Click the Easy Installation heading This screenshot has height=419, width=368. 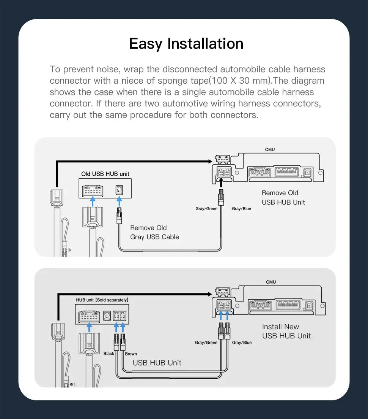tap(186, 44)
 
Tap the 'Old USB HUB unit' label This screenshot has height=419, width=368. tap(105, 174)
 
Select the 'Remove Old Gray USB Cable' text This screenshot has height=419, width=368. tap(154, 232)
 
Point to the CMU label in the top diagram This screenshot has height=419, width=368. tap(270, 149)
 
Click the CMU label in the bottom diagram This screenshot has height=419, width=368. tap(271, 282)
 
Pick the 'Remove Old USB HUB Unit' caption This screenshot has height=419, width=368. tap(283, 197)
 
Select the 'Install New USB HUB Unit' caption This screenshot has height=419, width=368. tap(286, 331)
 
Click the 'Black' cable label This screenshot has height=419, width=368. tap(109, 354)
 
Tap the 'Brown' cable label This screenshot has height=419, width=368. tap(131, 354)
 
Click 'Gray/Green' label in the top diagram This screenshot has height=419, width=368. tap(206, 209)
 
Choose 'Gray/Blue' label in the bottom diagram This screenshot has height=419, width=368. tap(242, 343)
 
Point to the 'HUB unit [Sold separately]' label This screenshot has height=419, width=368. tap(102, 300)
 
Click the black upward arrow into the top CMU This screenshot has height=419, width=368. tap(221, 183)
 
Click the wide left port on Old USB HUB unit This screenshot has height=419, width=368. tap(93, 189)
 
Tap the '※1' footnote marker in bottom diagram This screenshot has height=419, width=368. tap(72, 384)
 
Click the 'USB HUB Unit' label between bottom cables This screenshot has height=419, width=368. tap(157, 363)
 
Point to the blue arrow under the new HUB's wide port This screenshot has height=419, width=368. tap(89, 327)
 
